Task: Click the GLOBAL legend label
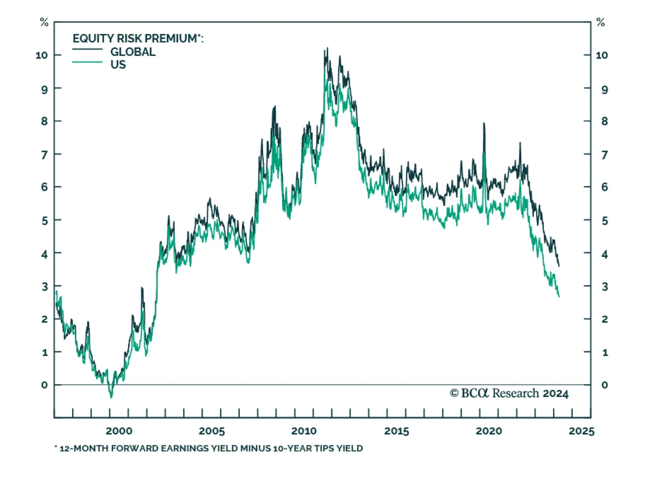click(133, 52)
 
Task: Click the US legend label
click(118, 65)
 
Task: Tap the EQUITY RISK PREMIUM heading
click(138, 38)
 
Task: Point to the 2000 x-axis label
click(119, 431)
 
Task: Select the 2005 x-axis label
click(212, 431)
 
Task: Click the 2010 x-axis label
click(304, 431)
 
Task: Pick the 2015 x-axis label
click(397, 431)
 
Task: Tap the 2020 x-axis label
click(489, 431)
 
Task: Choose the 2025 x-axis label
click(581, 431)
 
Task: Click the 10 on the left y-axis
click(42, 55)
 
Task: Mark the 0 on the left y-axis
click(44, 385)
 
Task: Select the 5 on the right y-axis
click(605, 221)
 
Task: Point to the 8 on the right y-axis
click(605, 121)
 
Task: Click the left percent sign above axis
click(44, 22)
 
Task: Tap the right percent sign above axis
click(601, 22)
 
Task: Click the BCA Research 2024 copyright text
click(509, 393)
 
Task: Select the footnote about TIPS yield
click(209, 448)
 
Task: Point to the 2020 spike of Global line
click(484, 123)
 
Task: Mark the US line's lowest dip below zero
click(111, 397)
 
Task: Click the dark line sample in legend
click(87, 50)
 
